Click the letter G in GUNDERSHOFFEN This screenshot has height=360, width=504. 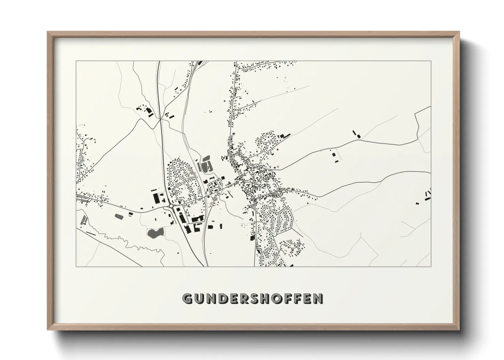[188, 299]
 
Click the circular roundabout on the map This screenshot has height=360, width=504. [170, 206]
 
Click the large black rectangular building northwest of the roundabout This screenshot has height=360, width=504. [157, 198]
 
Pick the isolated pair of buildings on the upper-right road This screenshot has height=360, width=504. [356, 133]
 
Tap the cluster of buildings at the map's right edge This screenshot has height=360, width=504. [427, 195]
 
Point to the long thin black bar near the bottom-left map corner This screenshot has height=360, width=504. [91, 233]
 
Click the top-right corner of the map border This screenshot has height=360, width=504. [431, 61]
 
